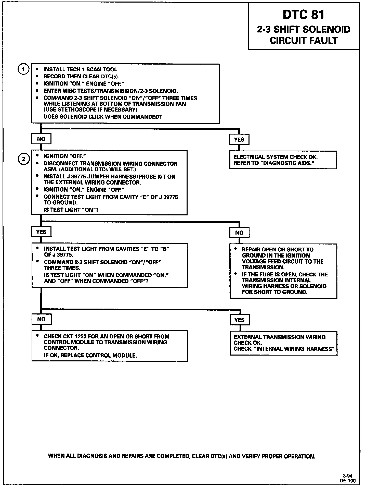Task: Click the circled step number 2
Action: click(24, 159)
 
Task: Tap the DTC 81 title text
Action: click(303, 15)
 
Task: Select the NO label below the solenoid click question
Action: click(41, 139)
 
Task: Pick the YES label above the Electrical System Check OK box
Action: click(239, 140)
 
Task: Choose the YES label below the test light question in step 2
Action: click(41, 232)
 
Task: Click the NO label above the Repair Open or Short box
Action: click(239, 233)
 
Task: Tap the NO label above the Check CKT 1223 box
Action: click(41, 319)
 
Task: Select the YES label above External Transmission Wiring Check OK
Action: click(239, 320)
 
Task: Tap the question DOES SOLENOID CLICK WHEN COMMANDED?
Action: click(103, 117)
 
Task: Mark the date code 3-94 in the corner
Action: click(347, 476)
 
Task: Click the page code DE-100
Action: click(347, 481)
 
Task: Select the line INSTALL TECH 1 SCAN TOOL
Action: click(81, 69)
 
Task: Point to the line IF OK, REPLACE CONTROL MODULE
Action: click(90, 355)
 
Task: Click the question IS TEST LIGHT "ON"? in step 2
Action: click(71, 210)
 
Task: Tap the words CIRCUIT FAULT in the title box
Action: click(304, 41)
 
